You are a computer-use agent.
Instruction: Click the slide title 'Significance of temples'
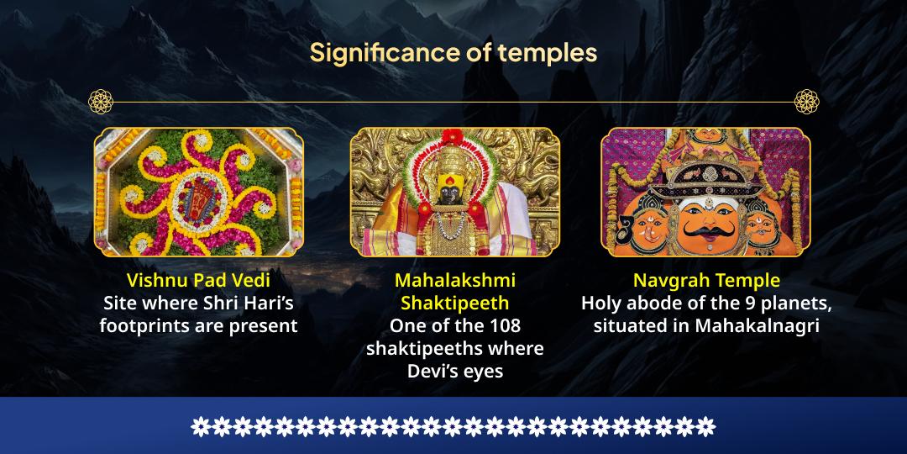[453, 52]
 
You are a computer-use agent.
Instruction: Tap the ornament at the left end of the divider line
[100, 102]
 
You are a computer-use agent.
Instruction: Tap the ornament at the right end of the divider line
[806, 102]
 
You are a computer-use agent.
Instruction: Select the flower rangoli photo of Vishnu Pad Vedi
[198, 192]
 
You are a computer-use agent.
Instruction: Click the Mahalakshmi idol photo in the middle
[454, 192]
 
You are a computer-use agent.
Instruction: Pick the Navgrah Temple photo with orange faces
[705, 192]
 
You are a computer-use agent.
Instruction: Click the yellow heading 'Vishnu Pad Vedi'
[198, 280]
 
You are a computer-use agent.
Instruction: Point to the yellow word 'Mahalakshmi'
[454, 280]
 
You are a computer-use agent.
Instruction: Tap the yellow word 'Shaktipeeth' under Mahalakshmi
[454, 303]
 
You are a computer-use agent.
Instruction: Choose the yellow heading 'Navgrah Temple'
[706, 280]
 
